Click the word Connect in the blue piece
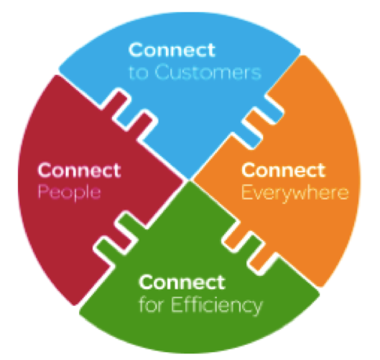pos(172,50)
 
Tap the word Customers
pos(208,72)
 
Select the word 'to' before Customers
pos(139,73)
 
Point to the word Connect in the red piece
pos(79,170)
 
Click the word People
pos(69,193)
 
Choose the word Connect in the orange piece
pos(283,170)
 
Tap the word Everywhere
pos(295,193)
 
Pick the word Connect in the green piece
pos(182,282)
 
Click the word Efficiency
pos(217,305)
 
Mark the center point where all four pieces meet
pos(189,180)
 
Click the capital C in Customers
pos(162,72)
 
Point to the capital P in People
pos(44,192)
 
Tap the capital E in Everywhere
pos(247,192)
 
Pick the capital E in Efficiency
pos(177,304)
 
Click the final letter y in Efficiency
pos(256,308)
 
